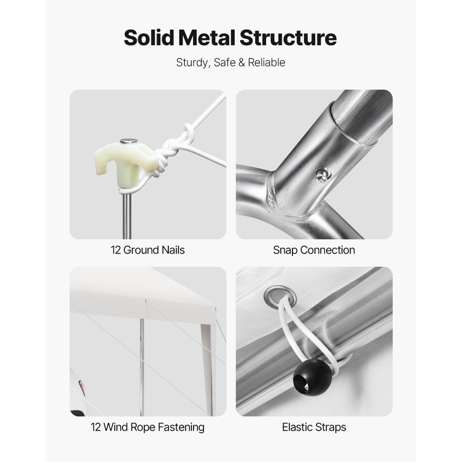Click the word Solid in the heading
coord(149,38)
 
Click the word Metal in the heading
coord(207,38)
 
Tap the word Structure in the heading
coord(288,38)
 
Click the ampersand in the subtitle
coord(242,62)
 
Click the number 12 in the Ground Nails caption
coord(115,250)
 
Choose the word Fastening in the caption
coord(181,427)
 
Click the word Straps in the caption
coord(331,427)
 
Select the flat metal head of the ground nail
coord(128,140)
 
